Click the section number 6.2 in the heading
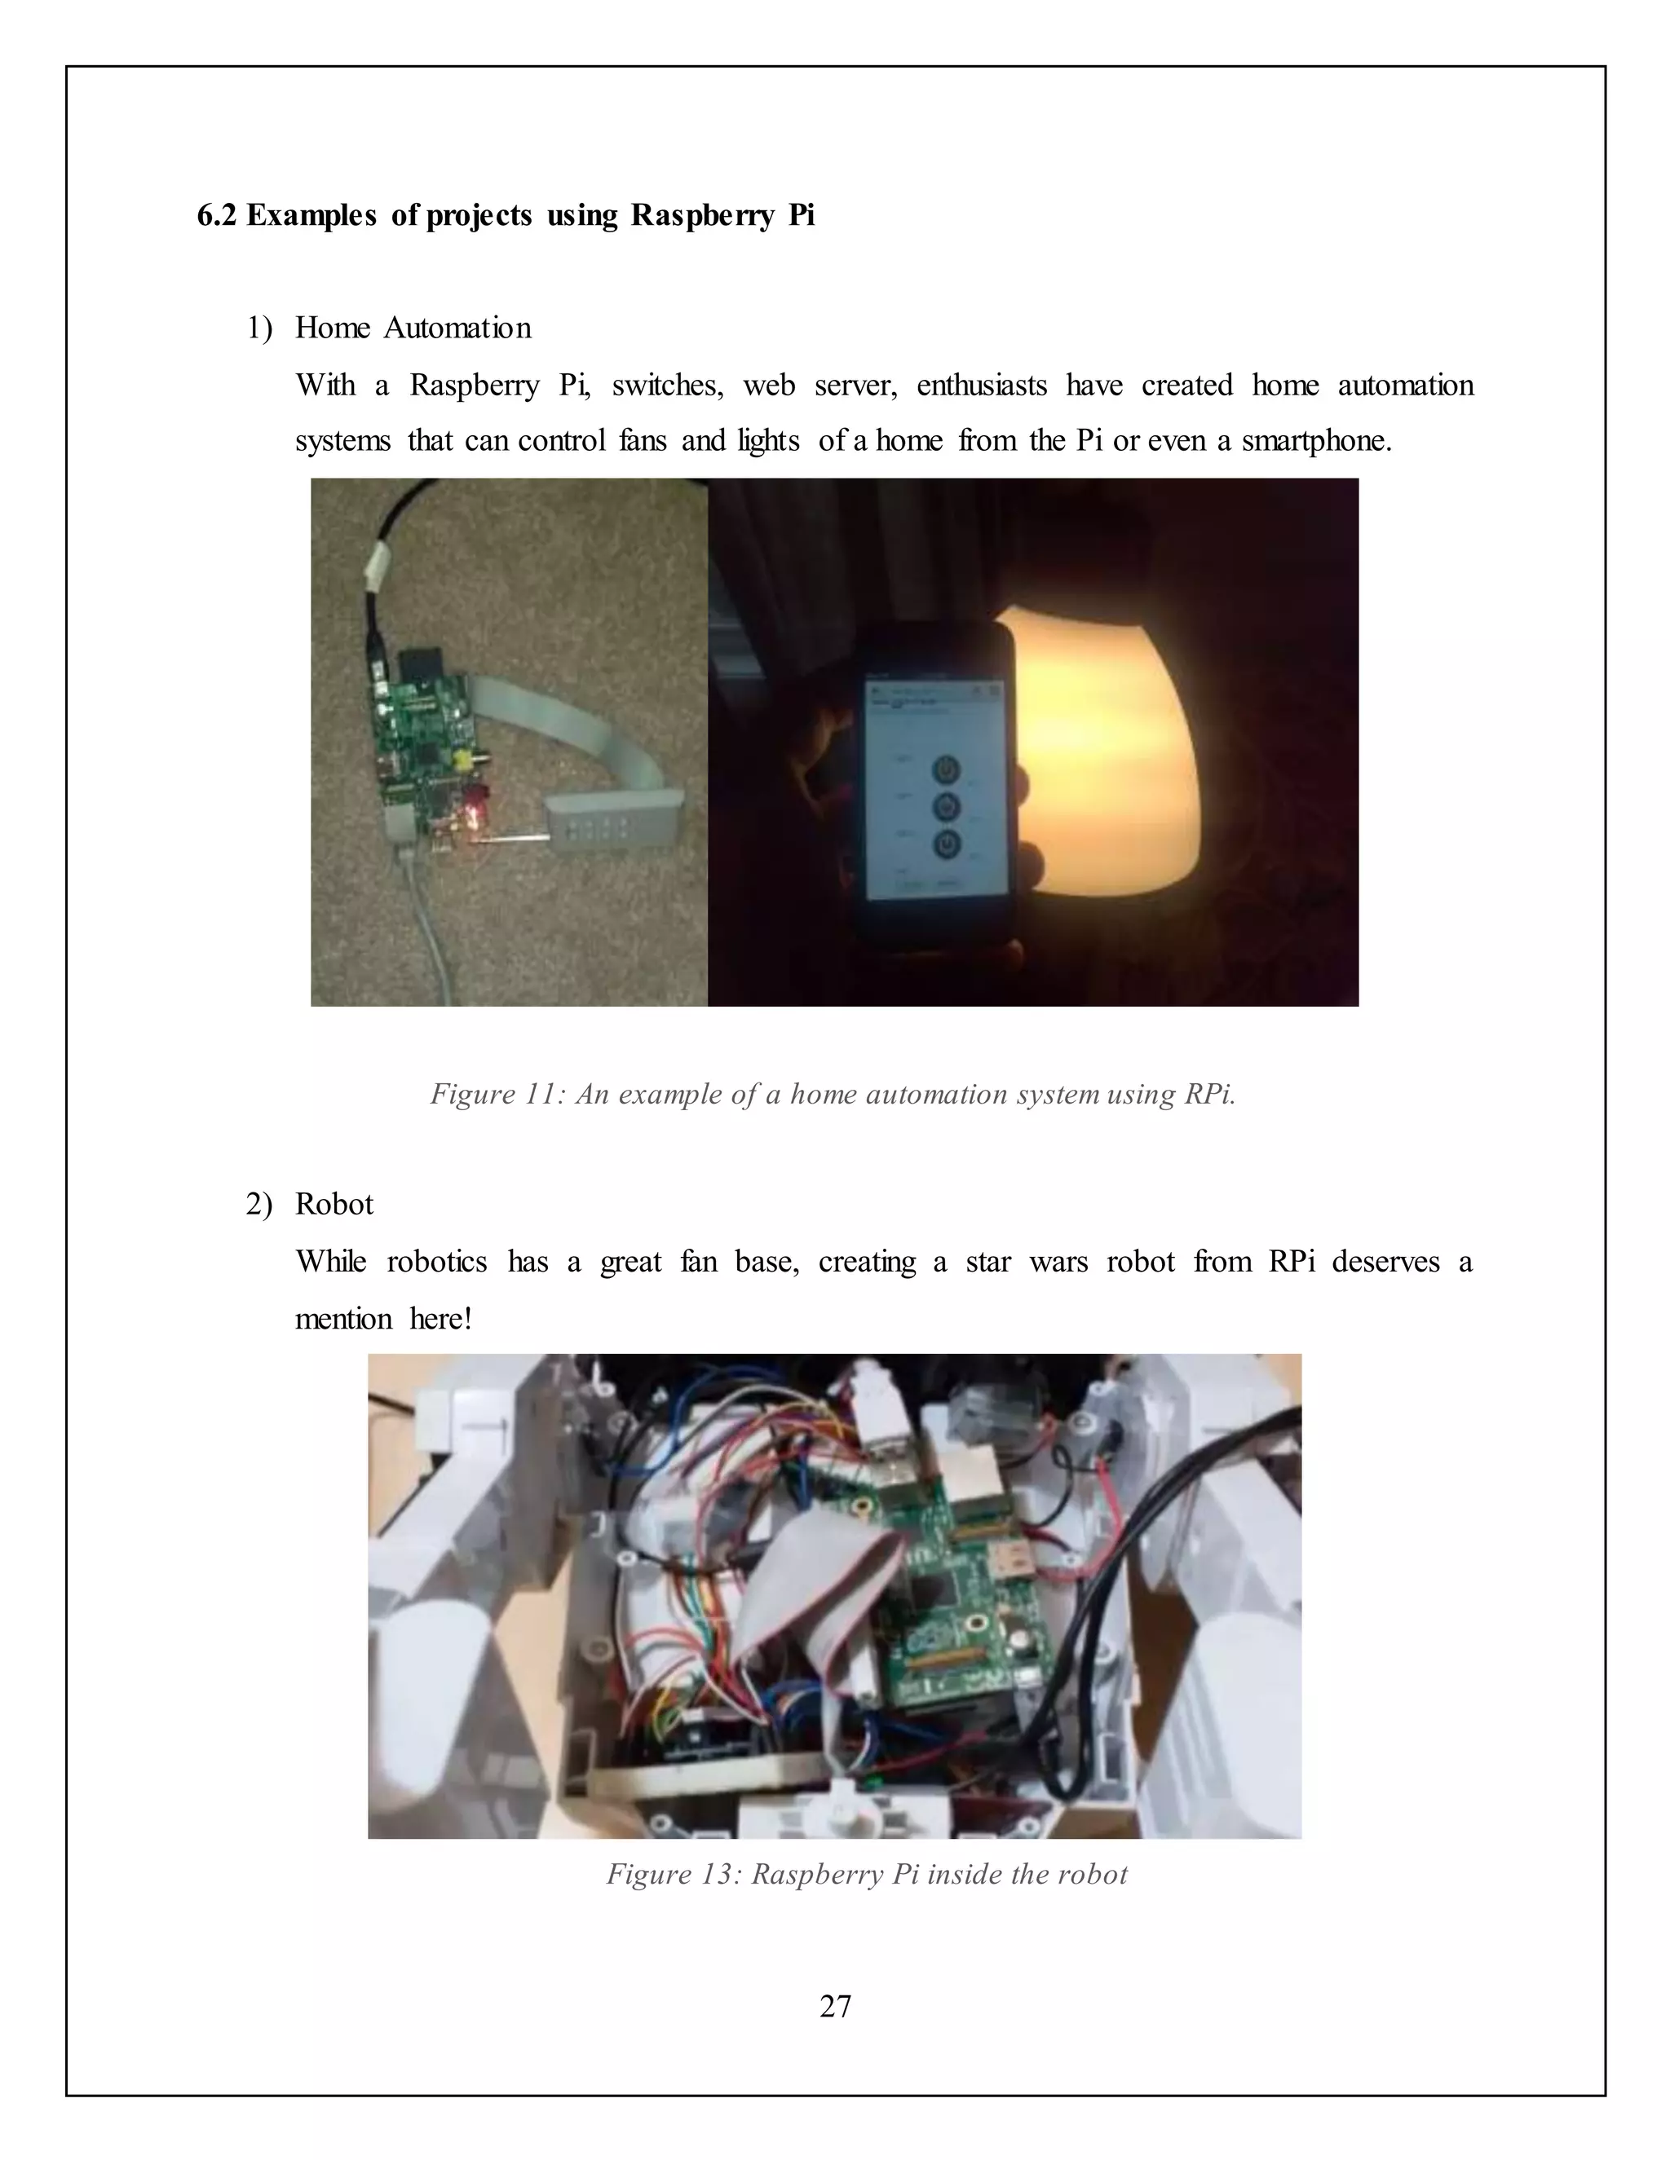(x=217, y=216)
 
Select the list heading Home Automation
(x=413, y=328)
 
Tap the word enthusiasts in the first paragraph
(x=982, y=385)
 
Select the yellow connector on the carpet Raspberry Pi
(x=460, y=759)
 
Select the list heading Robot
(x=334, y=1205)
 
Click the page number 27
(x=835, y=2007)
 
